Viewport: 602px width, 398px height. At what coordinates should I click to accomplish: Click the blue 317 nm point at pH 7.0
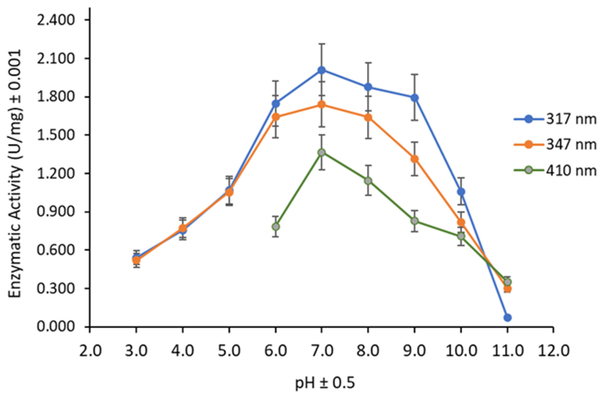pos(322,70)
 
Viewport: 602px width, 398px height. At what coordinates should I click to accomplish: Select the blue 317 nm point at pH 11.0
pos(507,317)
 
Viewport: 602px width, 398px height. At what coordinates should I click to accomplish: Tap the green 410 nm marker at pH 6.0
pos(276,226)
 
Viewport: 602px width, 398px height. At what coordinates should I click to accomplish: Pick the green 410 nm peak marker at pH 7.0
pos(322,153)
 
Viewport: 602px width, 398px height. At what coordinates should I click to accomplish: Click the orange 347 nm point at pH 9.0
pos(415,159)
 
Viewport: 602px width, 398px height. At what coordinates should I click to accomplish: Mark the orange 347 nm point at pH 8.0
pos(368,118)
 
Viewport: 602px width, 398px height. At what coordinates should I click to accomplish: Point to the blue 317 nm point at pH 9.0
pos(415,98)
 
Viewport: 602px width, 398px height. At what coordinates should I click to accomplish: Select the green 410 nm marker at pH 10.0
pos(461,236)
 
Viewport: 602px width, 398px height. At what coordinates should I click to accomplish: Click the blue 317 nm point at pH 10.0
pos(461,192)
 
